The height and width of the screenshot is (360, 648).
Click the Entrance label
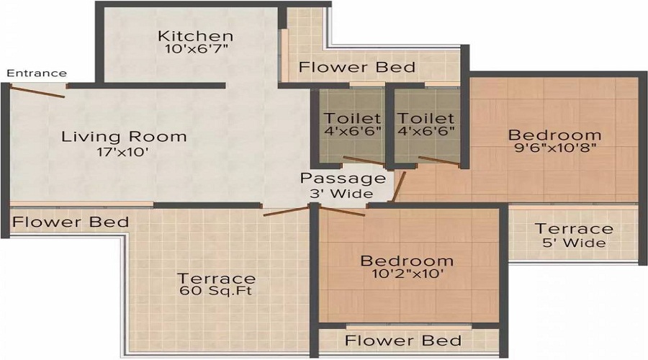(37, 73)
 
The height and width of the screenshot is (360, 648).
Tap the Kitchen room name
(196, 36)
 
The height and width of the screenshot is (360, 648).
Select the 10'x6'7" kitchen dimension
(196, 50)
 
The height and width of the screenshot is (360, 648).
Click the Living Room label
(124, 136)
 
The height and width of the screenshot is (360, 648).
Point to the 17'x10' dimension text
(124, 152)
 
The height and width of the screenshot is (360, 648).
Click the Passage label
(343, 179)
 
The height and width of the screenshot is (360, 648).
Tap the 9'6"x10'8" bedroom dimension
(554, 150)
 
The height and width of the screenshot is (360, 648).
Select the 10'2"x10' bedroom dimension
(407, 274)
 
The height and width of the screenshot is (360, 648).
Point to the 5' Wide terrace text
(574, 243)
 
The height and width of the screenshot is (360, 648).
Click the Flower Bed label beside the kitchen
(357, 68)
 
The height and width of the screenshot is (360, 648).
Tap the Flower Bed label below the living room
(71, 222)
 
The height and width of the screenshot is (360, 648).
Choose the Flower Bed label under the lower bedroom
(403, 341)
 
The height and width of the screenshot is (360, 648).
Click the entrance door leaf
(37, 91)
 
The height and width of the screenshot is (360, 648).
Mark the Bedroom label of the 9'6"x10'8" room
(554, 135)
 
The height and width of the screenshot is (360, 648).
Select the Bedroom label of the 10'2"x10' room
(407, 260)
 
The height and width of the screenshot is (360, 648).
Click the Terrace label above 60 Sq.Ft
(217, 278)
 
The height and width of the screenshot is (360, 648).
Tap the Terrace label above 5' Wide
(574, 229)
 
